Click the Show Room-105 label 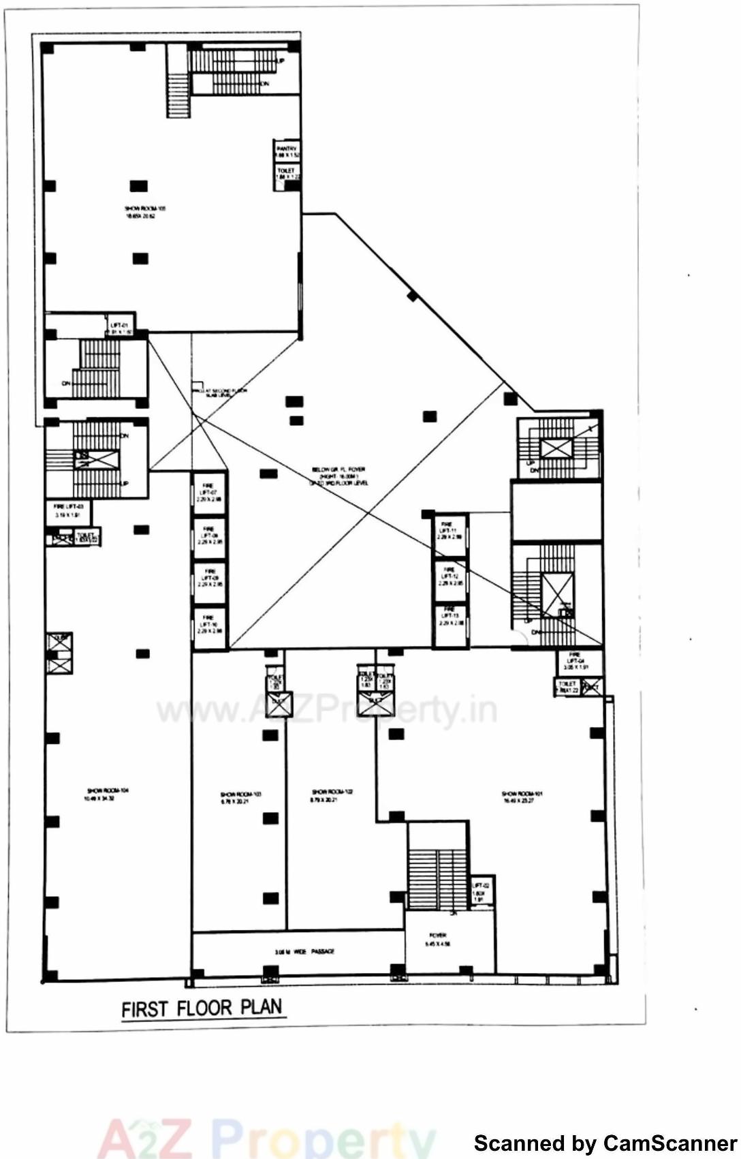tap(144, 211)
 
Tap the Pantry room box tap(287, 151)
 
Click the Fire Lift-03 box tap(68, 510)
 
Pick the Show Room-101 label tap(521, 797)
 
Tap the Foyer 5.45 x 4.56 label tap(437, 940)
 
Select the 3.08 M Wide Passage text tap(304, 951)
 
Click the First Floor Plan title tap(202, 1008)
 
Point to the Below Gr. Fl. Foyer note tap(338, 476)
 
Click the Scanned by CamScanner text tap(605, 1143)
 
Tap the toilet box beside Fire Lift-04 tap(567, 686)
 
